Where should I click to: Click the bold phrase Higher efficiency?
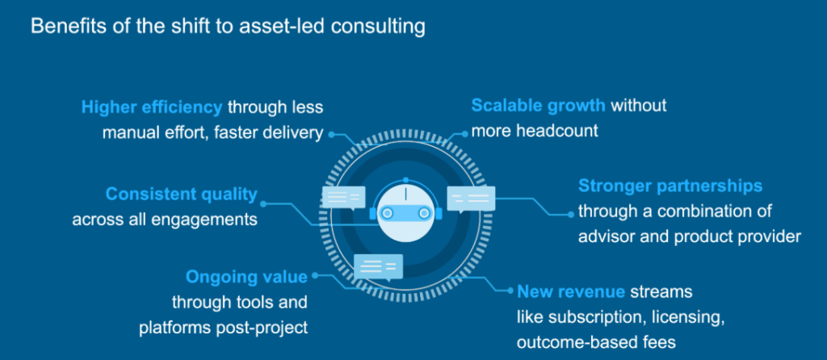coord(152,107)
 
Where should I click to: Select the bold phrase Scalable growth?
coord(539,106)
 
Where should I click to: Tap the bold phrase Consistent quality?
coord(182,194)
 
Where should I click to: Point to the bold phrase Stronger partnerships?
coord(670,186)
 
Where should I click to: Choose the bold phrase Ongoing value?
coord(246,278)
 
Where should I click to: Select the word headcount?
coord(557,131)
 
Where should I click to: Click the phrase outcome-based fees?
coord(597,341)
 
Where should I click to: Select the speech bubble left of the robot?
coord(343,197)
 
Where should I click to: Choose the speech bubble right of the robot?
coord(470,198)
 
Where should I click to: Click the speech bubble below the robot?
coord(377,265)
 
